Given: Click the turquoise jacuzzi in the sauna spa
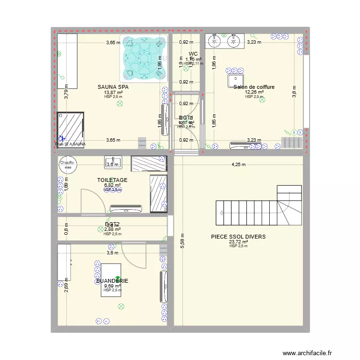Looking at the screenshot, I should (x=144, y=58).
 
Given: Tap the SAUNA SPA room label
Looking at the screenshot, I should (x=113, y=87).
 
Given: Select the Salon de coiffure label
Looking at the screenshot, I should (x=254, y=87).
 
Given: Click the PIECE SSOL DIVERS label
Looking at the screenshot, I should (x=238, y=237).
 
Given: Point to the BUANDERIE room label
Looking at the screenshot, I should (x=112, y=281).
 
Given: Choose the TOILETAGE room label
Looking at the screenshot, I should (x=112, y=180).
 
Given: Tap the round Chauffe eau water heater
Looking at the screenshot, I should (x=67, y=165).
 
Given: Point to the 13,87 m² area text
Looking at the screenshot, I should (x=113, y=93).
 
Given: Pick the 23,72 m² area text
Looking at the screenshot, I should (x=238, y=242).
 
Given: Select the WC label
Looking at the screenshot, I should (x=193, y=54).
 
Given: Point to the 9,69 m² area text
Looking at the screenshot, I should (x=112, y=286).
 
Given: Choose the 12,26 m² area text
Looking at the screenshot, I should (x=254, y=92).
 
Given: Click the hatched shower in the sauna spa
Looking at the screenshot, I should (x=71, y=128).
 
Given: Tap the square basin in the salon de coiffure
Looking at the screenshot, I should (x=236, y=80).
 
